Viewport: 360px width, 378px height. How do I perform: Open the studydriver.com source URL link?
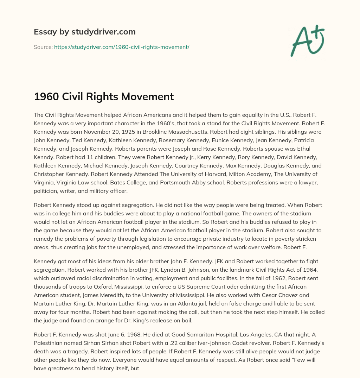(122, 47)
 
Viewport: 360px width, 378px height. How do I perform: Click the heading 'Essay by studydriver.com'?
(85, 32)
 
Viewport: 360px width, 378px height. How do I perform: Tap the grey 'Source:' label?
(43, 47)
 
